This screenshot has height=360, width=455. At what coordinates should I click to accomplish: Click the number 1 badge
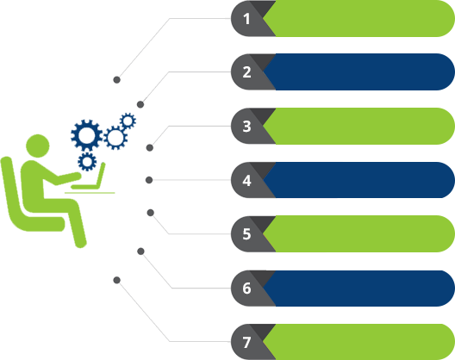(246, 19)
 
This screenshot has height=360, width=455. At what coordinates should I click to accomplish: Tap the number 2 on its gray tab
(246, 72)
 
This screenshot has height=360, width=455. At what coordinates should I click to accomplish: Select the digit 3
(246, 127)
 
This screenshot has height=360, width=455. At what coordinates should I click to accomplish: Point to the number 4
(246, 180)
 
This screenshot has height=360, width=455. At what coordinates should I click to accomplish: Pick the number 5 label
(246, 234)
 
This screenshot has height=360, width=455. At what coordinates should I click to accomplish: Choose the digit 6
(246, 288)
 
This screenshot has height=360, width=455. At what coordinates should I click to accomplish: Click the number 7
(246, 342)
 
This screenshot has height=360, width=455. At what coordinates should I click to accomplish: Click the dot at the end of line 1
(116, 80)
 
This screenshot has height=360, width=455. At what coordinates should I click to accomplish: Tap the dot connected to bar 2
(140, 104)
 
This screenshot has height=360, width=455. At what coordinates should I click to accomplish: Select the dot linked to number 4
(149, 180)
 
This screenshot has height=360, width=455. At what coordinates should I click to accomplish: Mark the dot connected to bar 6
(140, 251)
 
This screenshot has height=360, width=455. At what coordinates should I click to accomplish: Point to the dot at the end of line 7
(116, 280)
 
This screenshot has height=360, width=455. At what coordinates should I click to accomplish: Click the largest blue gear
(87, 135)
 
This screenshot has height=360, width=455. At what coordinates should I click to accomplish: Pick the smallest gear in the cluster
(128, 121)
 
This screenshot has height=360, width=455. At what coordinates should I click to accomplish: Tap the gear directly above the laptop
(87, 162)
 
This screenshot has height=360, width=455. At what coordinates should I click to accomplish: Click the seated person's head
(38, 146)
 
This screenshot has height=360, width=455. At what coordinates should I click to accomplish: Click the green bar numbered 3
(358, 127)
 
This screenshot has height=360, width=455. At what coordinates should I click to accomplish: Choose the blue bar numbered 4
(358, 180)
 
